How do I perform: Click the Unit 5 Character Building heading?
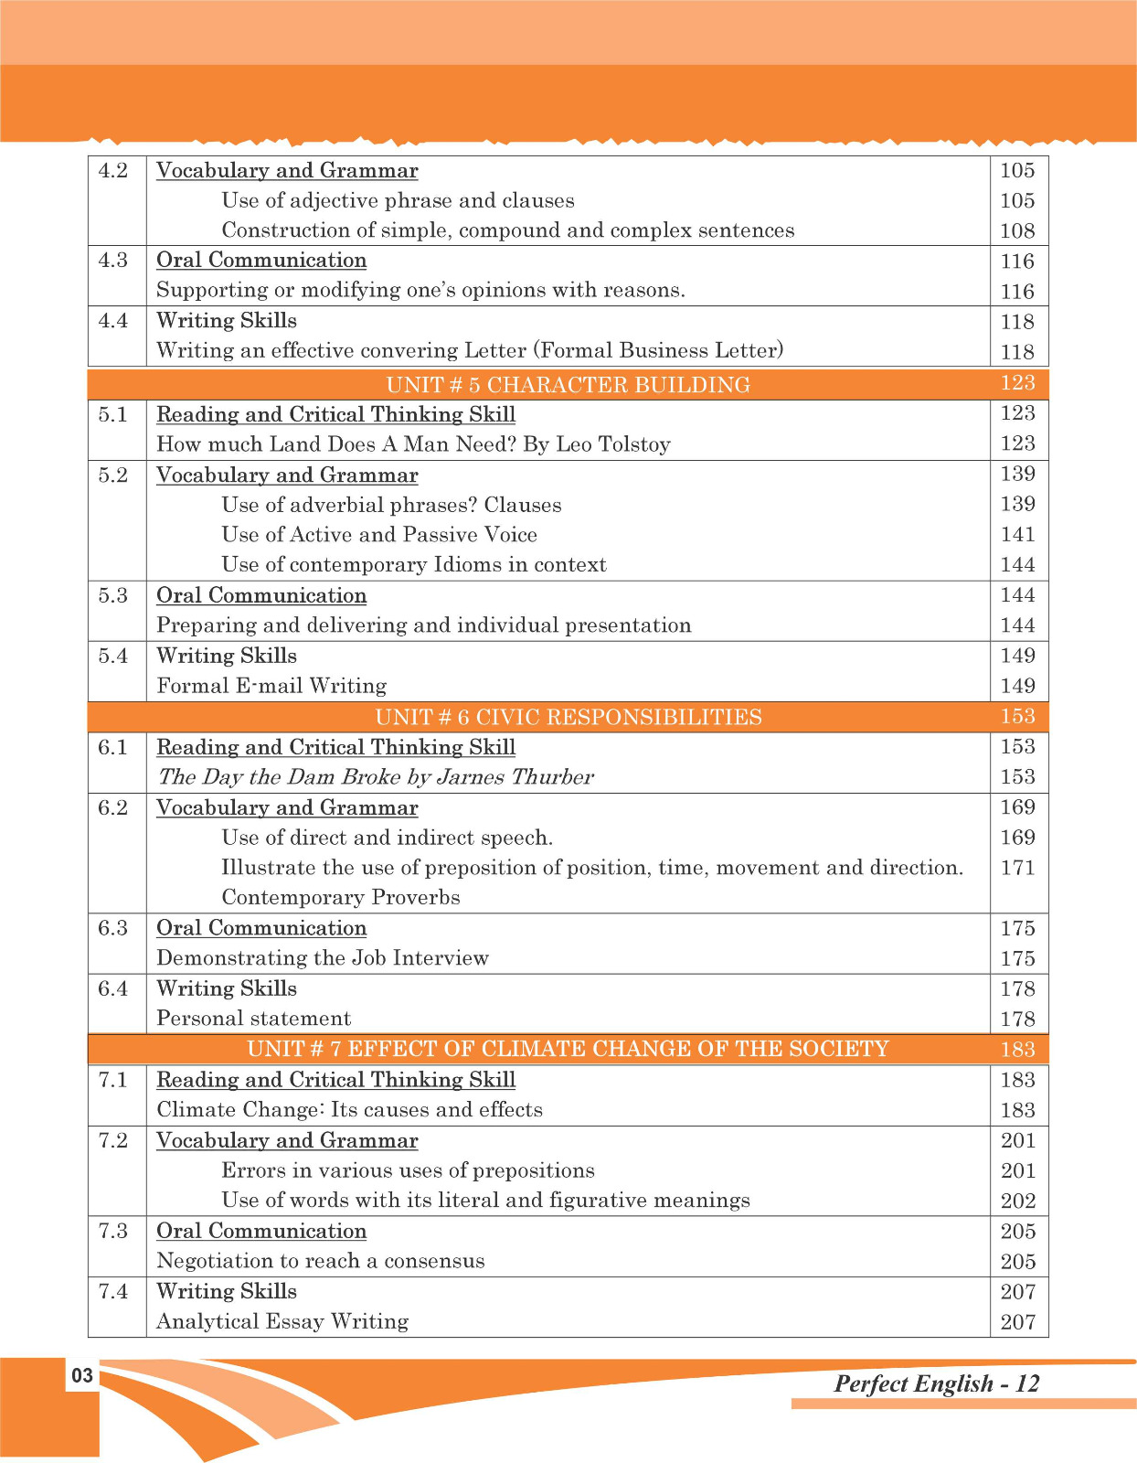pos(568,384)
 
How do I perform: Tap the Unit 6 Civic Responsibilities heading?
pos(568,717)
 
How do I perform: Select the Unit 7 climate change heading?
pos(568,1049)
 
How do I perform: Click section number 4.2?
pos(113,171)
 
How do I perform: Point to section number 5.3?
pos(113,595)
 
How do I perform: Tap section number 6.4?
pos(113,988)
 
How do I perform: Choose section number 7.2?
pos(113,1140)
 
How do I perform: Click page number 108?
pos(1017,231)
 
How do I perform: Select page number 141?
pos(1017,535)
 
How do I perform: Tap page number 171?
pos(1017,868)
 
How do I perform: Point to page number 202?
pos(1017,1201)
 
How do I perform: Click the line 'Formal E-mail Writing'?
pos(271,686)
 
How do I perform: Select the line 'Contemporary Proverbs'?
pos(340,897)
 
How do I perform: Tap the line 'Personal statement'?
pos(253,1019)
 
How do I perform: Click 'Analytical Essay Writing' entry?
pos(282,1321)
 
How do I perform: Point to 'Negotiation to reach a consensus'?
pos(320,1261)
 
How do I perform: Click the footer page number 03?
pos(82,1375)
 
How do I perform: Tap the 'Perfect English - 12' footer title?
pos(936,1383)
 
